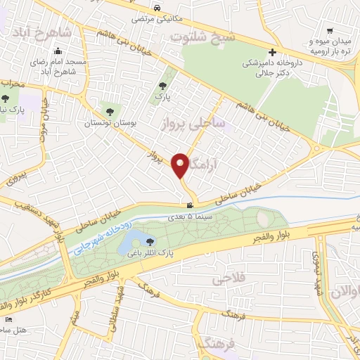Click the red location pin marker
point(180,165)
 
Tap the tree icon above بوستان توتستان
point(108,111)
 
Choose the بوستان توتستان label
point(108,123)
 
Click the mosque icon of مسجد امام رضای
point(57,52)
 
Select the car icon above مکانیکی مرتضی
point(160,6)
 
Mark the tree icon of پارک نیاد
point(6,99)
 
